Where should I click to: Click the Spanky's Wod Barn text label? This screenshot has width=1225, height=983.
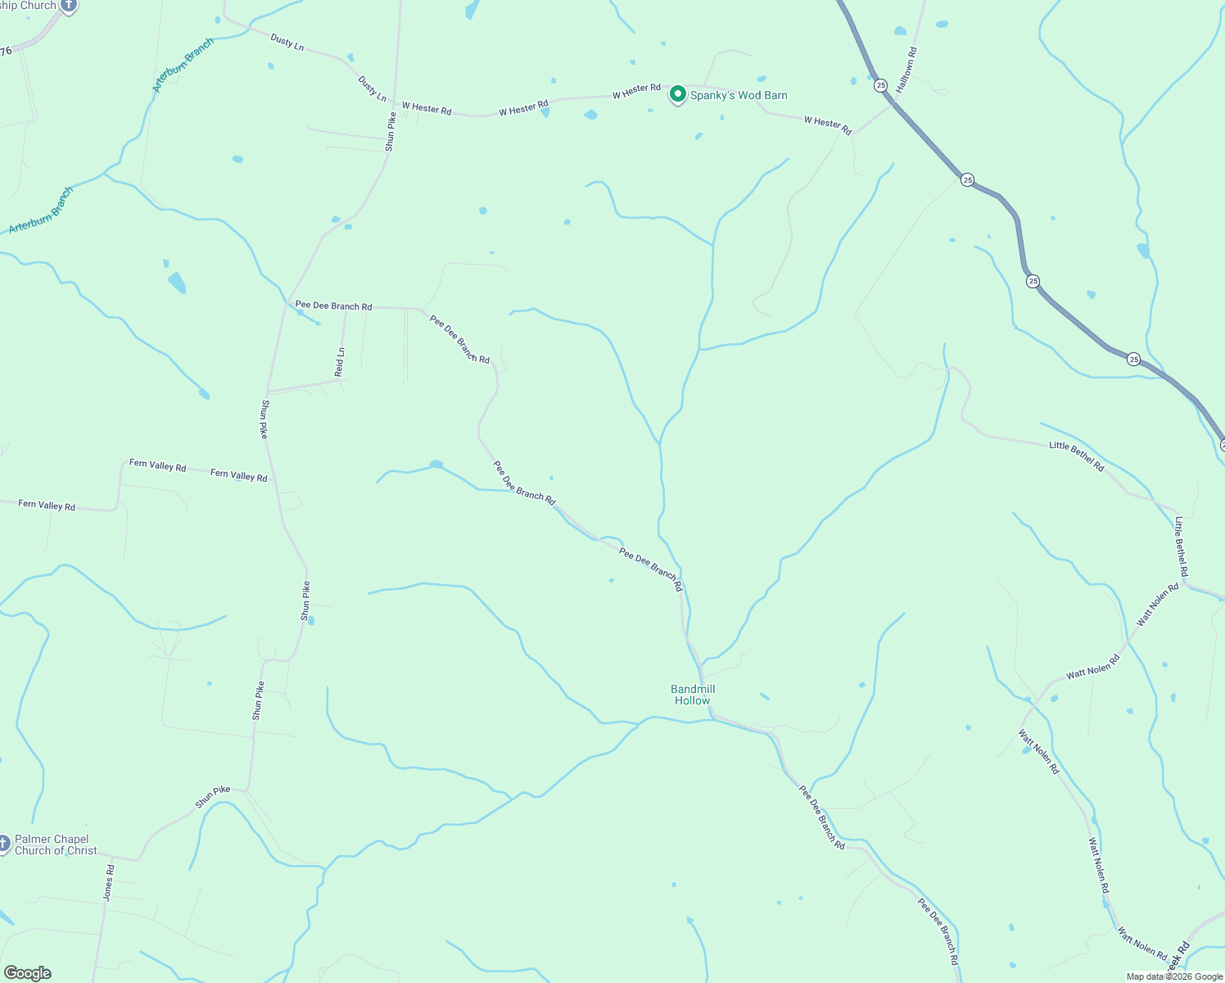(x=739, y=96)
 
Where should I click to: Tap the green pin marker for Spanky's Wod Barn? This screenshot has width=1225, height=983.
(x=678, y=95)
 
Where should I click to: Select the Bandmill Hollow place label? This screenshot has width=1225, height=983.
(x=693, y=695)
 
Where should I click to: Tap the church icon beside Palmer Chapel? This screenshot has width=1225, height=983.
(x=4, y=843)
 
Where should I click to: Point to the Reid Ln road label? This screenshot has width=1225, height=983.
(x=340, y=362)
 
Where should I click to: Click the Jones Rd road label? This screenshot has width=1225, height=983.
(x=109, y=883)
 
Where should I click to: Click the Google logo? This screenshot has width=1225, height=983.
(x=28, y=973)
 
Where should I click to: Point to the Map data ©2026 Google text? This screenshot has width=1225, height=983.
(x=1174, y=976)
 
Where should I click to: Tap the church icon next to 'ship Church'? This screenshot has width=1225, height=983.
(x=70, y=6)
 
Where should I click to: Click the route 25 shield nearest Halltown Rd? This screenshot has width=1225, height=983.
(x=880, y=85)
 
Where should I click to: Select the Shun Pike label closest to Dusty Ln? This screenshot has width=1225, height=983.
(x=391, y=131)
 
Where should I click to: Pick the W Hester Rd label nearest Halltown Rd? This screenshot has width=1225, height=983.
(x=828, y=125)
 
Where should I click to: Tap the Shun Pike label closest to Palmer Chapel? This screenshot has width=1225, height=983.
(x=213, y=796)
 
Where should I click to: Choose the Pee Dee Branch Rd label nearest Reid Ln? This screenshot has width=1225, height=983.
(x=334, y=306)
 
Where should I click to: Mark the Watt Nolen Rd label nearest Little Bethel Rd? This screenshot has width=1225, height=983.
(x=1157, y=605)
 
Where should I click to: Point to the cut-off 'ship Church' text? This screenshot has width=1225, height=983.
(x=28, y=6)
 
